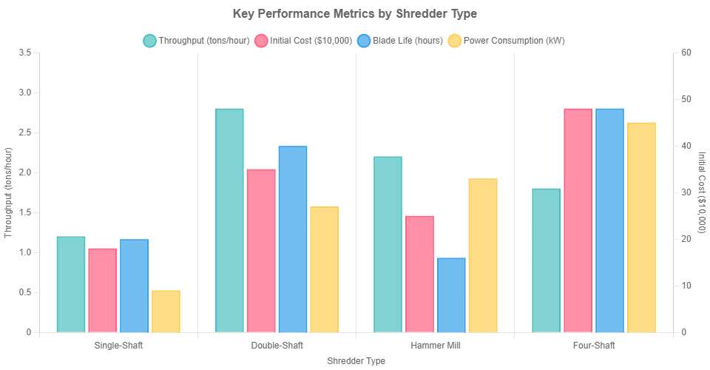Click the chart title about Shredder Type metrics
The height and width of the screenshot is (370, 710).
[355, 14]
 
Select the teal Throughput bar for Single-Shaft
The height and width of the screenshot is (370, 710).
[71, 284]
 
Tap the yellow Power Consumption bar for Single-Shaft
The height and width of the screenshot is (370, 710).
[166, 311]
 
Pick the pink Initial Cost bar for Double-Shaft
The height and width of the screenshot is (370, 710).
[261, 250]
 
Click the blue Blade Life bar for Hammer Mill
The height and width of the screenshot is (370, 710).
[451, 295]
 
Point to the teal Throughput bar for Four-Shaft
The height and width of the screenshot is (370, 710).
[546, 260]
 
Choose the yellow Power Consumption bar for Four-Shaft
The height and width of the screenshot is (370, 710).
[641, 227]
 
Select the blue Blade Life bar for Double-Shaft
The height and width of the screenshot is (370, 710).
[293, 239]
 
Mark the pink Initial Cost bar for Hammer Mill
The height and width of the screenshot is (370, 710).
[419, 274]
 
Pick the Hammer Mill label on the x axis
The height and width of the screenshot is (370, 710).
[435, 346]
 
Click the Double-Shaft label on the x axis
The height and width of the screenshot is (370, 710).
[277, 346]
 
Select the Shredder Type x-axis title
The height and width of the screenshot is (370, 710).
[356, 361]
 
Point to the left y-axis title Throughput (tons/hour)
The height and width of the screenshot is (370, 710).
[9, 192]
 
